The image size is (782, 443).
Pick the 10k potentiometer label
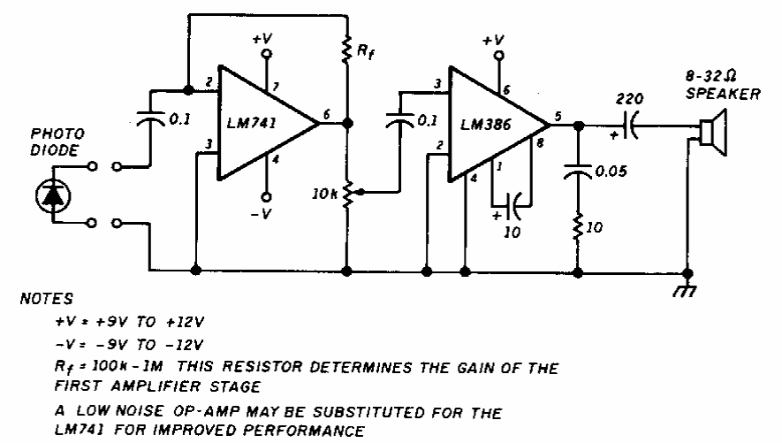tap(325, 191)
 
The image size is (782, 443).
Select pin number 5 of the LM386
tap(558, 115)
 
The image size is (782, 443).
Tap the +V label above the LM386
tap(493, 42)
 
